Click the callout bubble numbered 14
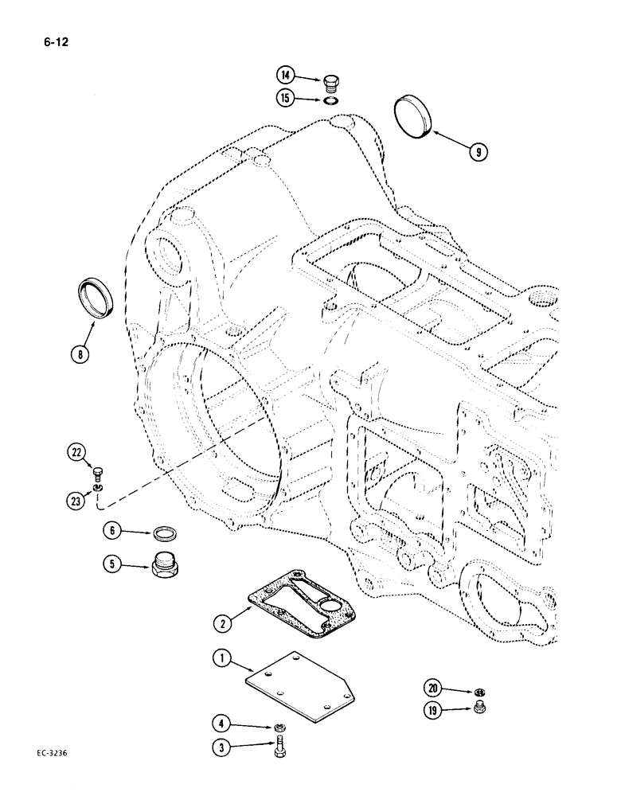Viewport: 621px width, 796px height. tap(285, 76)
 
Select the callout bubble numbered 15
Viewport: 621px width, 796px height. tap(285, 98)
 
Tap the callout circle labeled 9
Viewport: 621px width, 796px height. tap(477, 150)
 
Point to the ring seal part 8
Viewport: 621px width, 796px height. tap(96, 297)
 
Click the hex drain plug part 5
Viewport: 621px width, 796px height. tap(165, 566)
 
